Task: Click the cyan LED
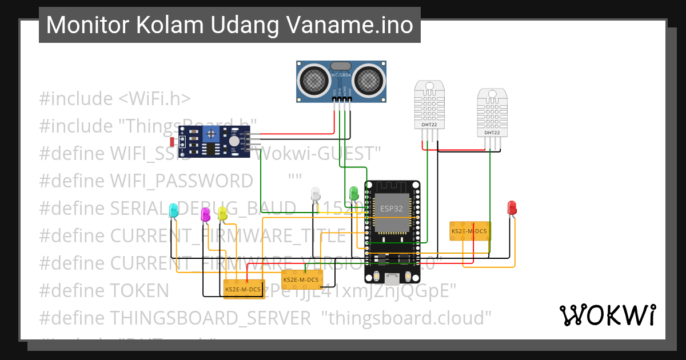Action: (174, 210)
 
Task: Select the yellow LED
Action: (222, 214)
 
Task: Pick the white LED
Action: (316, 194)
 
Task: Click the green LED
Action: (354, 193)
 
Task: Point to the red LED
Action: (512, 208)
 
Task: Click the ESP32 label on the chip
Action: (392, 209)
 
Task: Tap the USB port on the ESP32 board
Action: (392, 278)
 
